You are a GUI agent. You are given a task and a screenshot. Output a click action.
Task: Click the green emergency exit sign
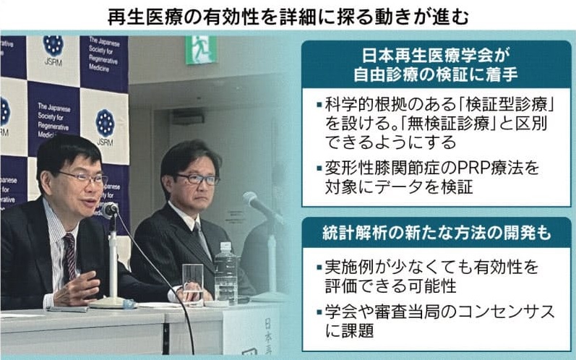(200, 50)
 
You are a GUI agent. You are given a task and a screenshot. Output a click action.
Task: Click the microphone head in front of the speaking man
(110, 210)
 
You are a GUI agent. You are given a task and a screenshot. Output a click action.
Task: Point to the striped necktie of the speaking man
(69, 257)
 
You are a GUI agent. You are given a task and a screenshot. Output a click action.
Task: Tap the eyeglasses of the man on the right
(197, 179)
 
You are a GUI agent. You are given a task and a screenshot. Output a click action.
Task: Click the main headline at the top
(288, 17)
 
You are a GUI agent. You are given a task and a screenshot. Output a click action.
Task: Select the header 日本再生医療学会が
(436, 56)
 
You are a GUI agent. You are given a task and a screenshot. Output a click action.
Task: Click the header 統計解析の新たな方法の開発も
(437, 233)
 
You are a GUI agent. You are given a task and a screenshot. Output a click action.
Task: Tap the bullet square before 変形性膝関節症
(319, 168)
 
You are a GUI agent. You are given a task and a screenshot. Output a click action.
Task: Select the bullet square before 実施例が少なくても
(319, 267)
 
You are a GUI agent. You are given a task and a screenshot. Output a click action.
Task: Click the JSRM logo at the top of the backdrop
(53, 51)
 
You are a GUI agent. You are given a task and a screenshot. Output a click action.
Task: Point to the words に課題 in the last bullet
(349, 330)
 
